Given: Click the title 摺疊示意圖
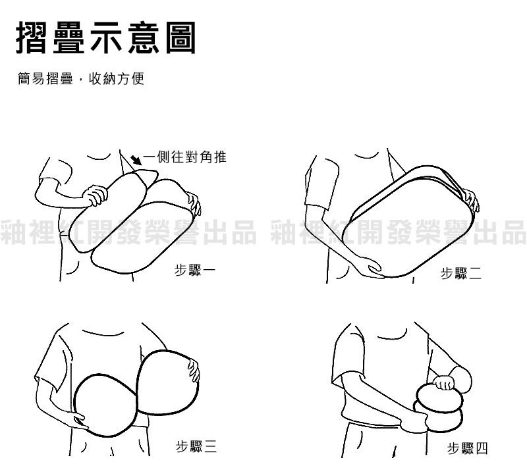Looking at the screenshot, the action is coord(106,38).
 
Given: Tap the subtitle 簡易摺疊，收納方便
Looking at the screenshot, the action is coord(81,79).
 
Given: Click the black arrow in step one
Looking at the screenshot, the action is coord(136,160).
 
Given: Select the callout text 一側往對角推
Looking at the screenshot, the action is coord(185,157).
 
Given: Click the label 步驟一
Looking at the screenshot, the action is coord(194,270).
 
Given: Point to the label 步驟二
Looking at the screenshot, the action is coord(460,273).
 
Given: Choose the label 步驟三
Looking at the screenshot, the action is coord(196,446).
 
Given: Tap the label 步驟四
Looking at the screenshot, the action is coord(467,448).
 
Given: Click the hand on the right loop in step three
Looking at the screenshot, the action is coord(194,371).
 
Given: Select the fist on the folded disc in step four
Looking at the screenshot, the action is coord(444,383).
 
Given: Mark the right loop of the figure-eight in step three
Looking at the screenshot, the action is coord(167,382).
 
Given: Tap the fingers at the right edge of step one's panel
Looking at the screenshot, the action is coord(194,203).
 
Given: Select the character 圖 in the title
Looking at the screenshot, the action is coord(180,38).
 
